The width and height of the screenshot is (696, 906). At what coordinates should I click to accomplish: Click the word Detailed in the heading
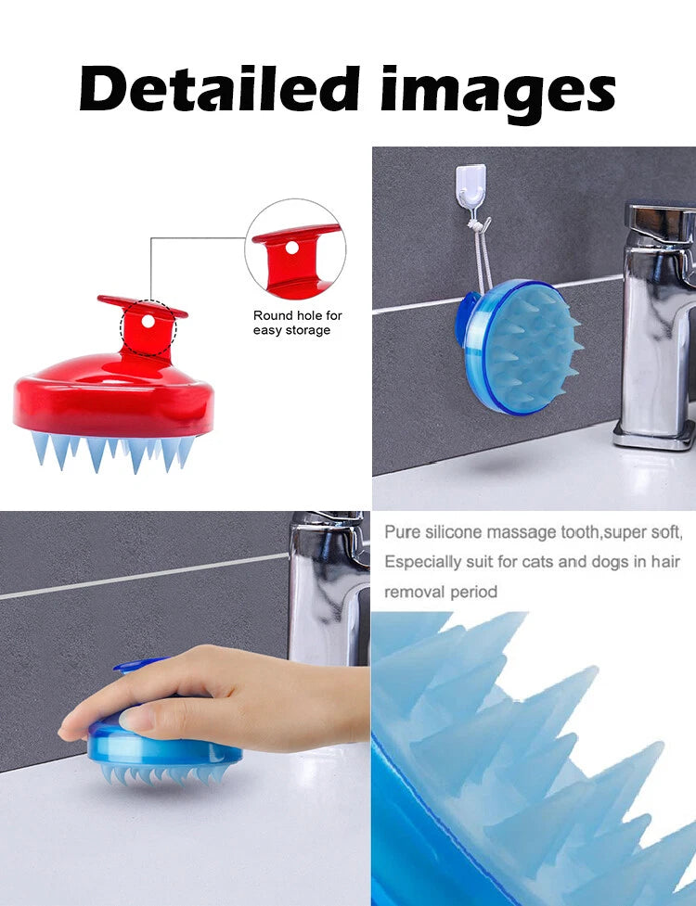click(215, 90)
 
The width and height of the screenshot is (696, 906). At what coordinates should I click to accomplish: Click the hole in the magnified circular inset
click(292, 248)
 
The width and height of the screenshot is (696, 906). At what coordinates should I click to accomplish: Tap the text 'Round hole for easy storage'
click(298, 323)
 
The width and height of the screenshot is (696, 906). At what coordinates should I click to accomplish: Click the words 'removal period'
click(442, 592)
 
